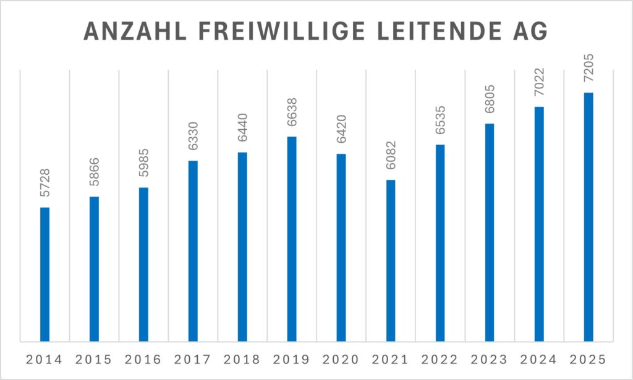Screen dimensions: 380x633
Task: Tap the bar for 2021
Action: pyautogui.click(x=391, y=260)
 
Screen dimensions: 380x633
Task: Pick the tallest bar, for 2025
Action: pyautogui.click(x=588, y=216)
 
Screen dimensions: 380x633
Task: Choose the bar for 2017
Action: pyautogui.click(x=193, y=250)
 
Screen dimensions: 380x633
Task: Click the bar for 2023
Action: pyautogui.click(x=490, y=232)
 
